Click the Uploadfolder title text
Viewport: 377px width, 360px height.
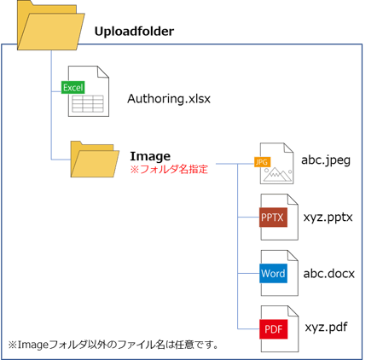134,32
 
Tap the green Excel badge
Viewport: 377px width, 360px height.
73,87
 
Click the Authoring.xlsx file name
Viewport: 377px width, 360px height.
169,99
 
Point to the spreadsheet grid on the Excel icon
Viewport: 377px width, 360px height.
88,104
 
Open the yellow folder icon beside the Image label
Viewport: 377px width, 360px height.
95,160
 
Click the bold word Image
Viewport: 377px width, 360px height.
150,156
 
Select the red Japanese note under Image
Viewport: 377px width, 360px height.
169,169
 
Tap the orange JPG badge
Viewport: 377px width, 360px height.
262,162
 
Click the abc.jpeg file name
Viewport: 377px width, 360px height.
326,160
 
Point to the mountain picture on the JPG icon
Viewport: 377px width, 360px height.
277,174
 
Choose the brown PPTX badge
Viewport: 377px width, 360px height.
273,218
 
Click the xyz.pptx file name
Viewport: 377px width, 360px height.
328,218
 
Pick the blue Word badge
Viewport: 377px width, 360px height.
273,273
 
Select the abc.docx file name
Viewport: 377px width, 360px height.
329,274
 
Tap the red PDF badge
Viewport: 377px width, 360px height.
274,329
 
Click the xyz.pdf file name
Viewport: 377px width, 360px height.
326,328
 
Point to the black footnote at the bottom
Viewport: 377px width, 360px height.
113,345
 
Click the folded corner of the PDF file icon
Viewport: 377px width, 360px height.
293,311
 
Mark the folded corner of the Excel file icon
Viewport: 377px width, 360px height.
103,72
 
